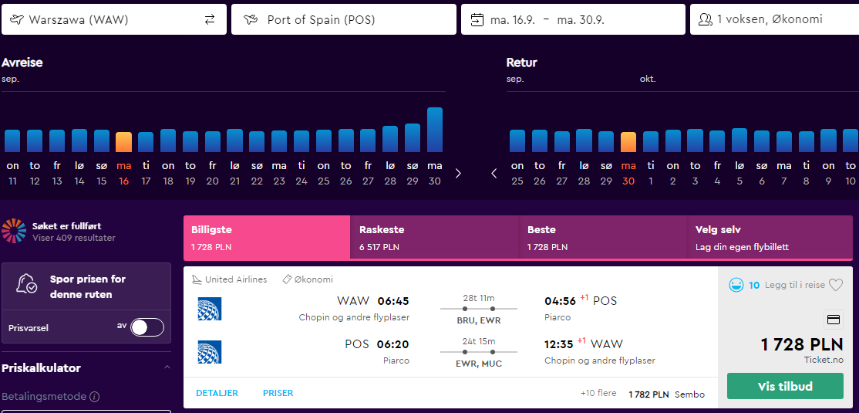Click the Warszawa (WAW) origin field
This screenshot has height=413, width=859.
point(104,20)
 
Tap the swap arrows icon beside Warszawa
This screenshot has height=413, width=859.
point(210,20)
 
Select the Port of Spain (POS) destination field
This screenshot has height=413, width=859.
point(343,20)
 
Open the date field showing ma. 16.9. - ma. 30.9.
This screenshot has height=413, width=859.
point(573,20)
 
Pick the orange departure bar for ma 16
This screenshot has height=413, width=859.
point(124,142)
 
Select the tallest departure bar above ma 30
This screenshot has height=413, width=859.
point(434,130)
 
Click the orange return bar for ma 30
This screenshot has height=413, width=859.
point(628,142)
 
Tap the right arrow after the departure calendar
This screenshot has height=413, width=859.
point(459,174)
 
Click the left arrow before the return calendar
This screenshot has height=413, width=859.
point(494,174)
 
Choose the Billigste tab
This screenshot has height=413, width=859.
point(267,238)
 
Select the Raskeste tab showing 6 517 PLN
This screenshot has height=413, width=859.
point(434,238)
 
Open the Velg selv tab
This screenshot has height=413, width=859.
point(770,238)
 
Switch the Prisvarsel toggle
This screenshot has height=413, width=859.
point(147,327)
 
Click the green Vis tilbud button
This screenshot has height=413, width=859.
point(785,386)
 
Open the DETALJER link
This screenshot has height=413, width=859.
point(217,393)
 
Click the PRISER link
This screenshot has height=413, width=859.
point(278,393)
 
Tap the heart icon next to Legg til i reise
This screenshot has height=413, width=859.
point(835,285)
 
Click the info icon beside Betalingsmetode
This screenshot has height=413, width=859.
point(95,396)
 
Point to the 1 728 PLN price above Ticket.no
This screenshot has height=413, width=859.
point(802,345)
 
